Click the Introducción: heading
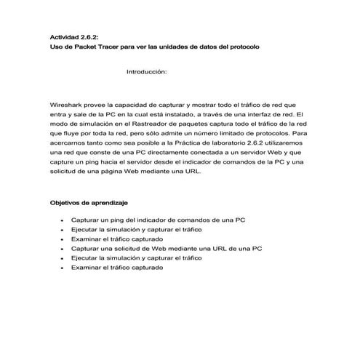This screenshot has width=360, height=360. [x=147, y=72]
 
